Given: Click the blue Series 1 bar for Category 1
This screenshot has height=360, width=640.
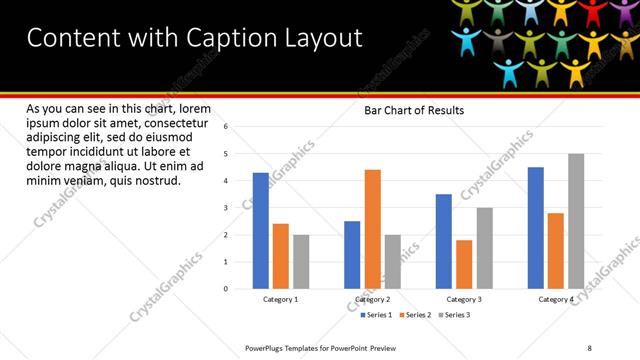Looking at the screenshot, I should (x=260, y=230).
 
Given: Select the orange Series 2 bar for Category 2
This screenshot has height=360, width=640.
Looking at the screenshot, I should (x=372, y=229).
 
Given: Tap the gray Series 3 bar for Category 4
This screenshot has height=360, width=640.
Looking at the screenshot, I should (x=576, y=221).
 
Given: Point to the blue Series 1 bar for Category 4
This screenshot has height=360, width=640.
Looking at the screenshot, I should (x=535, y=227).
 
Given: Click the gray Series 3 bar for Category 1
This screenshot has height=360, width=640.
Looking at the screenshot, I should (x=301, y=261).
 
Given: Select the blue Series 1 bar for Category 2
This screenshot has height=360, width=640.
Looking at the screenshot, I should (x=352, y=254).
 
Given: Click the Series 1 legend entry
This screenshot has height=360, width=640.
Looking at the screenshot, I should (x=376, y=315).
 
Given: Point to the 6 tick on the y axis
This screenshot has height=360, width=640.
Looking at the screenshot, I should (x=226, y=127).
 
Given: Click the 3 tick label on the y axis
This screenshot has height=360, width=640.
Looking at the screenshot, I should (x=226, y=208).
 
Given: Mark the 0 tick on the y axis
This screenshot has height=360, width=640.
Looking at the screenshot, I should (x=226, y=289).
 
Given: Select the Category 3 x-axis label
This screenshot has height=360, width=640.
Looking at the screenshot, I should (x=464, y=300).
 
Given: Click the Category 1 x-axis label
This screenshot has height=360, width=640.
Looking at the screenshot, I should (x=280, y=300).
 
